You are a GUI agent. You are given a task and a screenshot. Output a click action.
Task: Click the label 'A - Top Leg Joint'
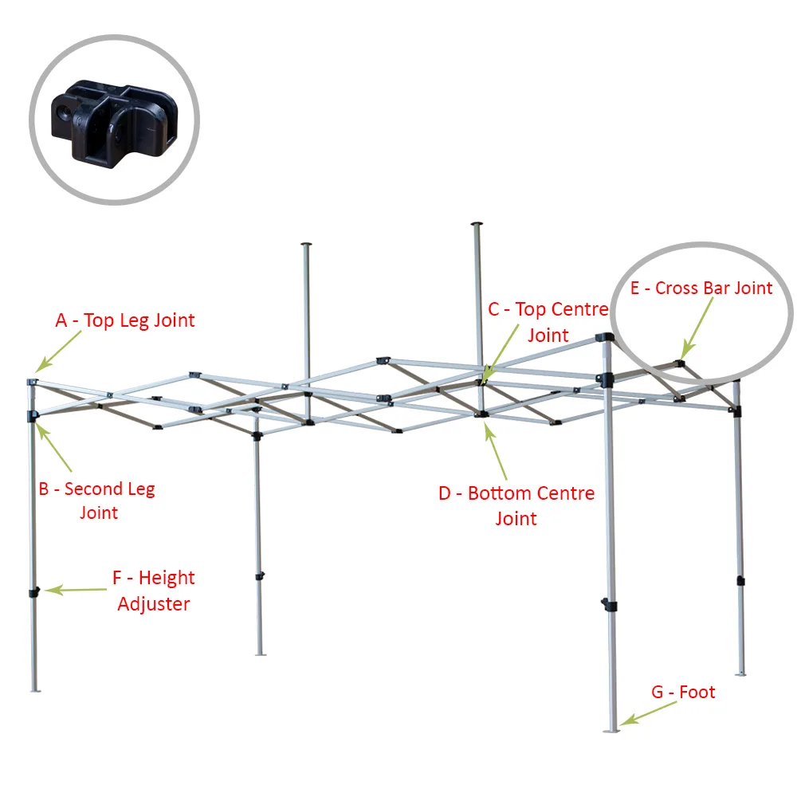pos(125,320)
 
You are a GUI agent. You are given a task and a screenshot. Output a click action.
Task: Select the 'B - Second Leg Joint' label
pos(97,501)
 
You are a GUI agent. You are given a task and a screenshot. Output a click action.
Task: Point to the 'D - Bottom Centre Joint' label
pos(516,506)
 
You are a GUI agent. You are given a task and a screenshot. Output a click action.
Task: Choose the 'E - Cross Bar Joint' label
pos(701,289)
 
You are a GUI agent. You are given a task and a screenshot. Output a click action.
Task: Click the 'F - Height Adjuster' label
pos(154,591)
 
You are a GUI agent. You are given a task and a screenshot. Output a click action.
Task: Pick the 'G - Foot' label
pos(683,692)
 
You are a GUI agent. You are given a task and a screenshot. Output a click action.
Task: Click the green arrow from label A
pos(58,351)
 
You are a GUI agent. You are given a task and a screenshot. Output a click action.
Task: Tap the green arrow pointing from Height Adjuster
pos(75,590)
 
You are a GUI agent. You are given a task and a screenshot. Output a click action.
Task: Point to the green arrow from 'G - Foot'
pos(648,713)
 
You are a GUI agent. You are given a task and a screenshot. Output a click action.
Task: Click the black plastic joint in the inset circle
pos(114,123)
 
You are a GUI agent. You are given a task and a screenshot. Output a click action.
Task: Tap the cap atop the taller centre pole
pos(477,224)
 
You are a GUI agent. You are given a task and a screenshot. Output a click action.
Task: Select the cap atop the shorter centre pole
pos(306,245)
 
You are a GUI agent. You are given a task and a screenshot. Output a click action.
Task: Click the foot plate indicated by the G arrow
pos(611,732)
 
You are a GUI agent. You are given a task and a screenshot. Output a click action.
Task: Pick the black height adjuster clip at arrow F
pos(34,593)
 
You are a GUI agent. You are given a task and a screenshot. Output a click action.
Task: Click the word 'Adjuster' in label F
pos(154,604)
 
